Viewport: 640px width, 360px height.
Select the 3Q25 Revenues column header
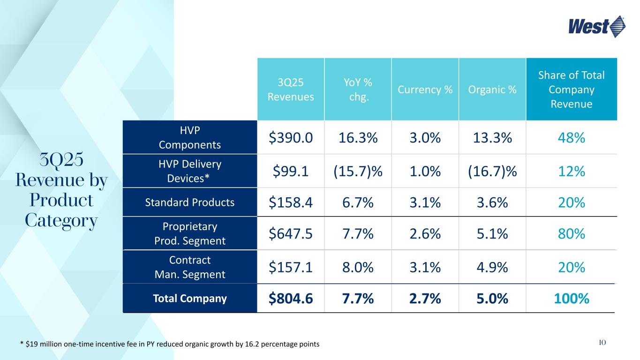(291, 89)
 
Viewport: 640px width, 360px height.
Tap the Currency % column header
(425, 90)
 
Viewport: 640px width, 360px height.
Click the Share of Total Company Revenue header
(571, 90)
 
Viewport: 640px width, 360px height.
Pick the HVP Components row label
(190, 137)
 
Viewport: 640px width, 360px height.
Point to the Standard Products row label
(190, 202)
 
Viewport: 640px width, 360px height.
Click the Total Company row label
(190, 298)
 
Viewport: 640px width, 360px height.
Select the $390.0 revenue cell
(291, 137)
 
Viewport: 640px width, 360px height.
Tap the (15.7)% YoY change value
(358, 172)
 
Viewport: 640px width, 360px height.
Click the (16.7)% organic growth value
(492, 172)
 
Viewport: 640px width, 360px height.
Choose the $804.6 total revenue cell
(291, 298)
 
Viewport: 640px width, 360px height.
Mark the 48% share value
(571, 137)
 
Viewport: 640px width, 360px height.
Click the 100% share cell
(571, 298)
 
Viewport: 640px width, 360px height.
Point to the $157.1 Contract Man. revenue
(291, 267)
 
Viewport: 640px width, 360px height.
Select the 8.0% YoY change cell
(358, 267)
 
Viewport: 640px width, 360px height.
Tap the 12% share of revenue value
(571, 172)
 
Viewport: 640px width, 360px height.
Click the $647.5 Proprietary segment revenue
(291, 233)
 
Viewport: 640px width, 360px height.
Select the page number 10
(602, 343)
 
